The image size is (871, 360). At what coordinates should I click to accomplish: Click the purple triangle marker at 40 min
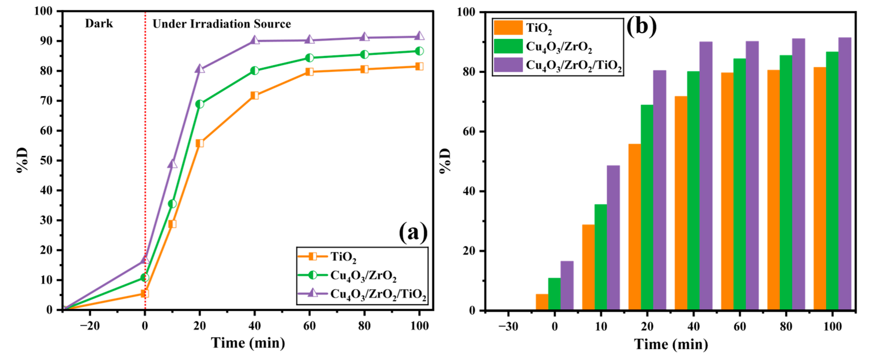click(x=255, y=41)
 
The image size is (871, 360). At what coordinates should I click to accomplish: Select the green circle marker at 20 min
click(x=200, y=104)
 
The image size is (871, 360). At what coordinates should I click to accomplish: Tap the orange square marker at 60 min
click(x=309, y=71)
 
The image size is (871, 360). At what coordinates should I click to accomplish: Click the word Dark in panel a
click(x=99, y=23)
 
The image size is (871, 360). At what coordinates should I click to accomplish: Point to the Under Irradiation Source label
click(x=221, y=24)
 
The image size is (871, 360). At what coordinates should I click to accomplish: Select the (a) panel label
click(x=413, y=233)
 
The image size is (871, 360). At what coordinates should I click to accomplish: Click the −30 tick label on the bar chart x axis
click(x=508, y=327)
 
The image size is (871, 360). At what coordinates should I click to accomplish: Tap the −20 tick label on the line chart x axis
click(x=90, y=326)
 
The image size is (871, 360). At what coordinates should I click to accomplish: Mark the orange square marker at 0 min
click(x=145, y=293)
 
